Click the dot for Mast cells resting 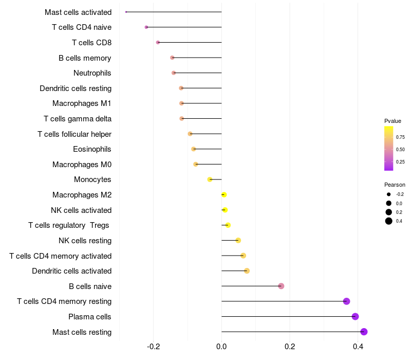tap(364, 332)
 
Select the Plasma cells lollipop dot tap(355, 316)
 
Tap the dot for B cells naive tap(281, 286)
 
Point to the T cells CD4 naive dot tap(146, 27)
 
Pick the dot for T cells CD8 tap(158, 42)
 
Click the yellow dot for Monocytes tap(210, 179)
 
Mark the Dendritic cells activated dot tap(247, 271)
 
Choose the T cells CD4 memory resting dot tap(346, 301)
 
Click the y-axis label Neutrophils tap(92, 73)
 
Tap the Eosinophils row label tap(92, 149)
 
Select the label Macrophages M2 tap(82, 195)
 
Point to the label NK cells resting tap(85, 241)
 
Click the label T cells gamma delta tap(78, 119)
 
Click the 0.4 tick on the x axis tap(358, 347)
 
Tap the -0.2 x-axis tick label tap(153, 347)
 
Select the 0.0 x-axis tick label tap(221, 347)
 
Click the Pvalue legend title tap(393, 121)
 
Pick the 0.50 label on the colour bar tap(400, 149)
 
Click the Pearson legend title tap(395, 185)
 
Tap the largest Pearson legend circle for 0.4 tap(389, 221)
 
